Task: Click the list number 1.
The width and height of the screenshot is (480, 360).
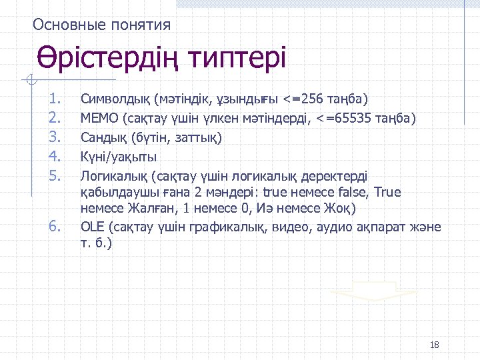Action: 55,100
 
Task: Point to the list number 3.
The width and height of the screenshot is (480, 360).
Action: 55,138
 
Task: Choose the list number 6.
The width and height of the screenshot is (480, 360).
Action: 55,227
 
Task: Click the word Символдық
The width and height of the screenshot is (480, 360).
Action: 115,100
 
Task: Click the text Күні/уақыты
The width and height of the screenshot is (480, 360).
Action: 119,157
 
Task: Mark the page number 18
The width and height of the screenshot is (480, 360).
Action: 435,345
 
